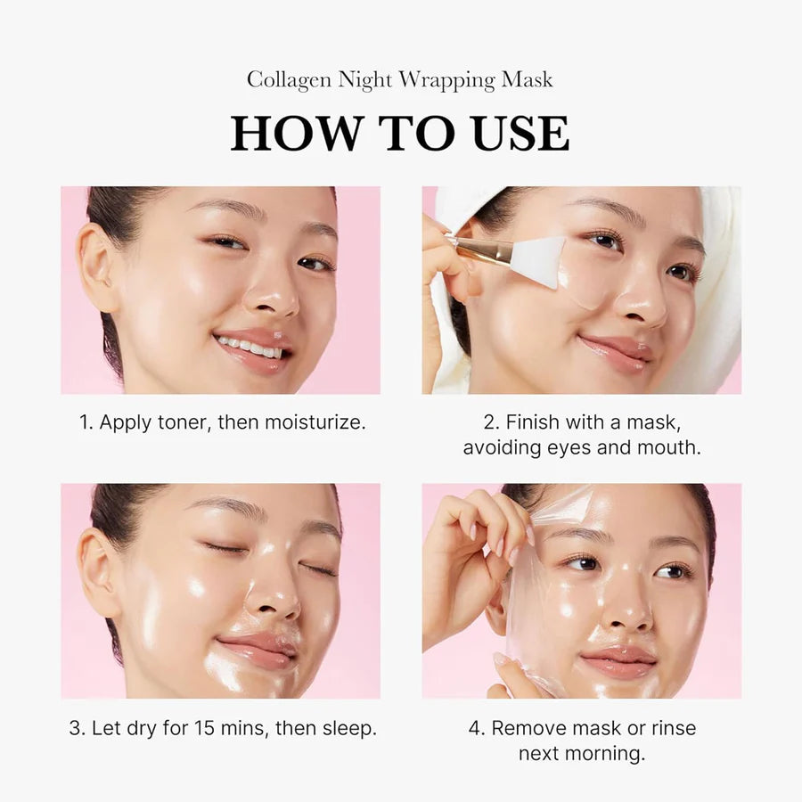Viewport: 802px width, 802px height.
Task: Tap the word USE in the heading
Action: [516, 133]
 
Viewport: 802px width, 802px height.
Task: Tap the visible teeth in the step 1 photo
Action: [249, 345]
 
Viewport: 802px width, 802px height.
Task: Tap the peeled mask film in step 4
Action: [535, 606]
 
